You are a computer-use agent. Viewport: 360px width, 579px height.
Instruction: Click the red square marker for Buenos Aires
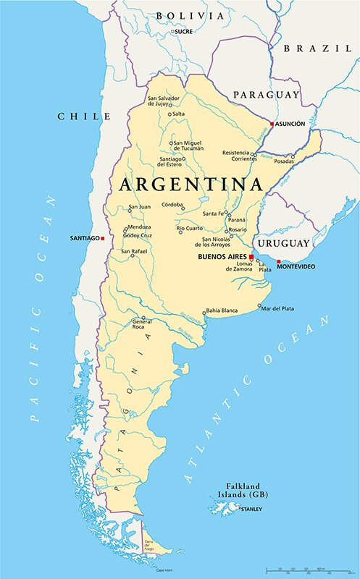[251, 257]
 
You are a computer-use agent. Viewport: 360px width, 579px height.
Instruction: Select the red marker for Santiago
[103, 238]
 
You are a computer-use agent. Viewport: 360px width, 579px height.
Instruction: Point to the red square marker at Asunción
[272, 124]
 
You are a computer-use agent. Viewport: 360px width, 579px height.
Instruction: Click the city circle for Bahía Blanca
[204, 310]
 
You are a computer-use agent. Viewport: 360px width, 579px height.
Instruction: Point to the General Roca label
[142, 324]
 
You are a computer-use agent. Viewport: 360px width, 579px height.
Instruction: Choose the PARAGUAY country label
[266, 95]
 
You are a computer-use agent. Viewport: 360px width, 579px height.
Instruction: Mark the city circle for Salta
[170, 114]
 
